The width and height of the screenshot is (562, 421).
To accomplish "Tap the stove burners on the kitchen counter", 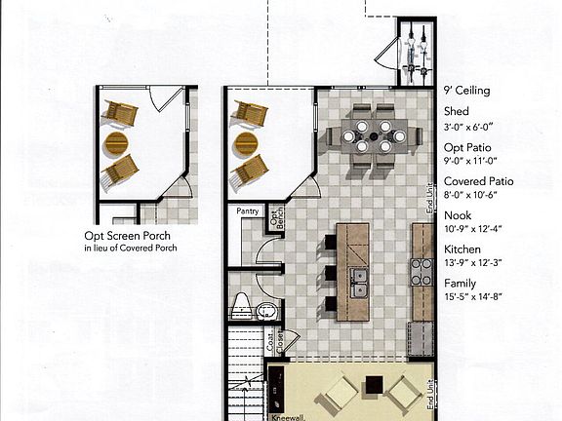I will (421, 272).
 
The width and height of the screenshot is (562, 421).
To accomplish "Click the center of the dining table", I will (373, 136).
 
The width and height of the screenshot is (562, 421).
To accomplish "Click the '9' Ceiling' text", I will (466, 91).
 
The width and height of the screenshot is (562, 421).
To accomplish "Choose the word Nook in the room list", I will (457, 215).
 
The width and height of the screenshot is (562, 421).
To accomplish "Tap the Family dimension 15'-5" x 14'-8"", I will (473, 297).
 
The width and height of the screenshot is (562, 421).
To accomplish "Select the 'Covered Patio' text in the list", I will (479, 181).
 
